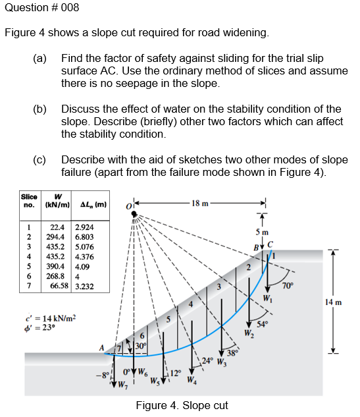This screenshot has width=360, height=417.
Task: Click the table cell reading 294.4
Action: [x=56, y=236]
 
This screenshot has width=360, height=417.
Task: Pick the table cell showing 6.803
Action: [x=84, y=236]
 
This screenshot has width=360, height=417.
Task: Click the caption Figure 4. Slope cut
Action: [x=182, y=405]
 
